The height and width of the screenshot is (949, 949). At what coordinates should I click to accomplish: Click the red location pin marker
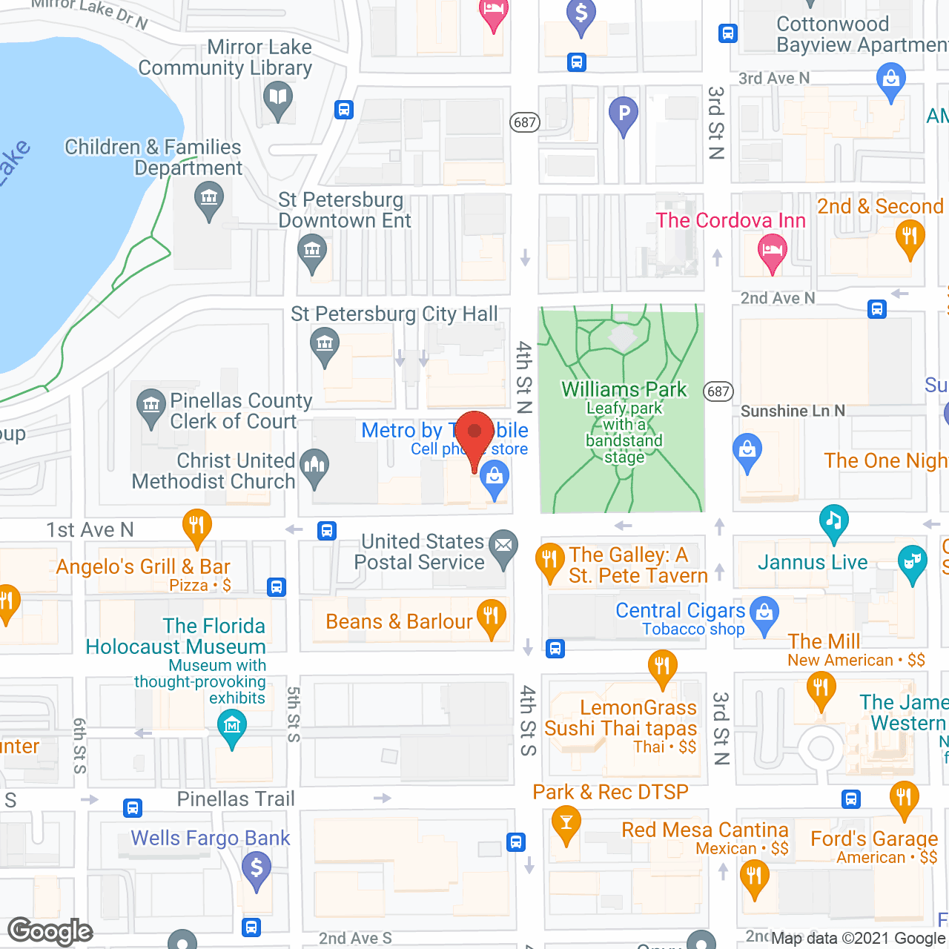(474, 434)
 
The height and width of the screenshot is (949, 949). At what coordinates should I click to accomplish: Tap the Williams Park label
(624, 389)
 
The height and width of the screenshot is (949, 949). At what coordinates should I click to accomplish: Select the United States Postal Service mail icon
(504, 546)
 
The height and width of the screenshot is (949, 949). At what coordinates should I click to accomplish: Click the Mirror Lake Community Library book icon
(278, 97)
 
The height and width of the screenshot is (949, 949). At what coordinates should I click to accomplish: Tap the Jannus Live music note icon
(834, 519)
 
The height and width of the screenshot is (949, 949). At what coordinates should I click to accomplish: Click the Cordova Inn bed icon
(772, 249)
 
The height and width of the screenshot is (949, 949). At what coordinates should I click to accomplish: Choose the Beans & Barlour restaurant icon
(491, 615)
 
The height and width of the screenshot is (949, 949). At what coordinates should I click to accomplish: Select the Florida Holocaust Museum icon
(232, 724)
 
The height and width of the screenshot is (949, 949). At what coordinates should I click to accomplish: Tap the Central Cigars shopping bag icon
(764, 612)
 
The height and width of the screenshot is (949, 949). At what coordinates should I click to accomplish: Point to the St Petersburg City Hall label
(394, 314)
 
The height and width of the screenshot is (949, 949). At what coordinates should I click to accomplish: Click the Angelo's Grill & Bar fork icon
(196, 526)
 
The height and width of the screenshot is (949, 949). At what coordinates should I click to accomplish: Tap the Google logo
(50, 931)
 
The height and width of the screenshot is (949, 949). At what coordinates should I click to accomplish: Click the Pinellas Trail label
(236, 799)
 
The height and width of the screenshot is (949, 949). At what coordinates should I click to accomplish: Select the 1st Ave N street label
(90, 530)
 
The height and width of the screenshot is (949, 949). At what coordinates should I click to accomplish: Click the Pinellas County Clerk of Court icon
(151, 405)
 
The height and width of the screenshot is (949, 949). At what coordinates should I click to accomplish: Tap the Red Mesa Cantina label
(704, 830)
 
